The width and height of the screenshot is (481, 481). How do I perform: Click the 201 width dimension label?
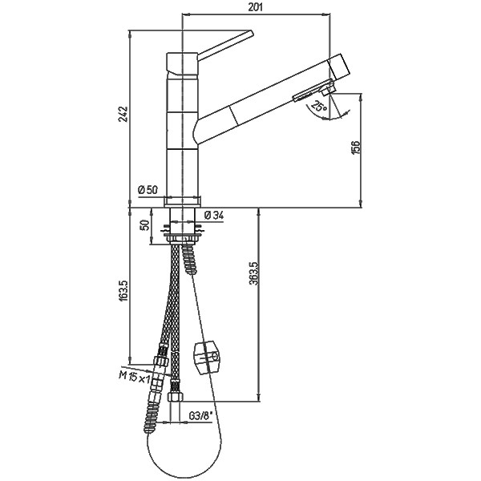pos(255,7)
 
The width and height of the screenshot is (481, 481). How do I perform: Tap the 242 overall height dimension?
pos(123,114)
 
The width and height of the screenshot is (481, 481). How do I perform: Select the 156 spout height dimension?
pos(355,148)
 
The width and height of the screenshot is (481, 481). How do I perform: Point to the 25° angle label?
pos(319,106)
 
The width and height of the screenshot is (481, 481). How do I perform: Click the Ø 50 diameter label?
pos(148,190)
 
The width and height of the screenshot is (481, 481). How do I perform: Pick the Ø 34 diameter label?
pos(213,216)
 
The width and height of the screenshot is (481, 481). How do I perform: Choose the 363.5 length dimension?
pos(255,273)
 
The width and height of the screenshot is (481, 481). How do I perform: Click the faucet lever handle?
pos(225,45)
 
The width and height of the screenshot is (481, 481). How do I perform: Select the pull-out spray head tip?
pos(340,68)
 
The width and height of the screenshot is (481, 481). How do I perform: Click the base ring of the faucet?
pos(183,201)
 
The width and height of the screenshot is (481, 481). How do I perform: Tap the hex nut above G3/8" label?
pos(175,398)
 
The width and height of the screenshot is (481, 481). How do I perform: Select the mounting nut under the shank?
pos(183,239)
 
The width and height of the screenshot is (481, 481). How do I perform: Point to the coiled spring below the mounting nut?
pos(189,258)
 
